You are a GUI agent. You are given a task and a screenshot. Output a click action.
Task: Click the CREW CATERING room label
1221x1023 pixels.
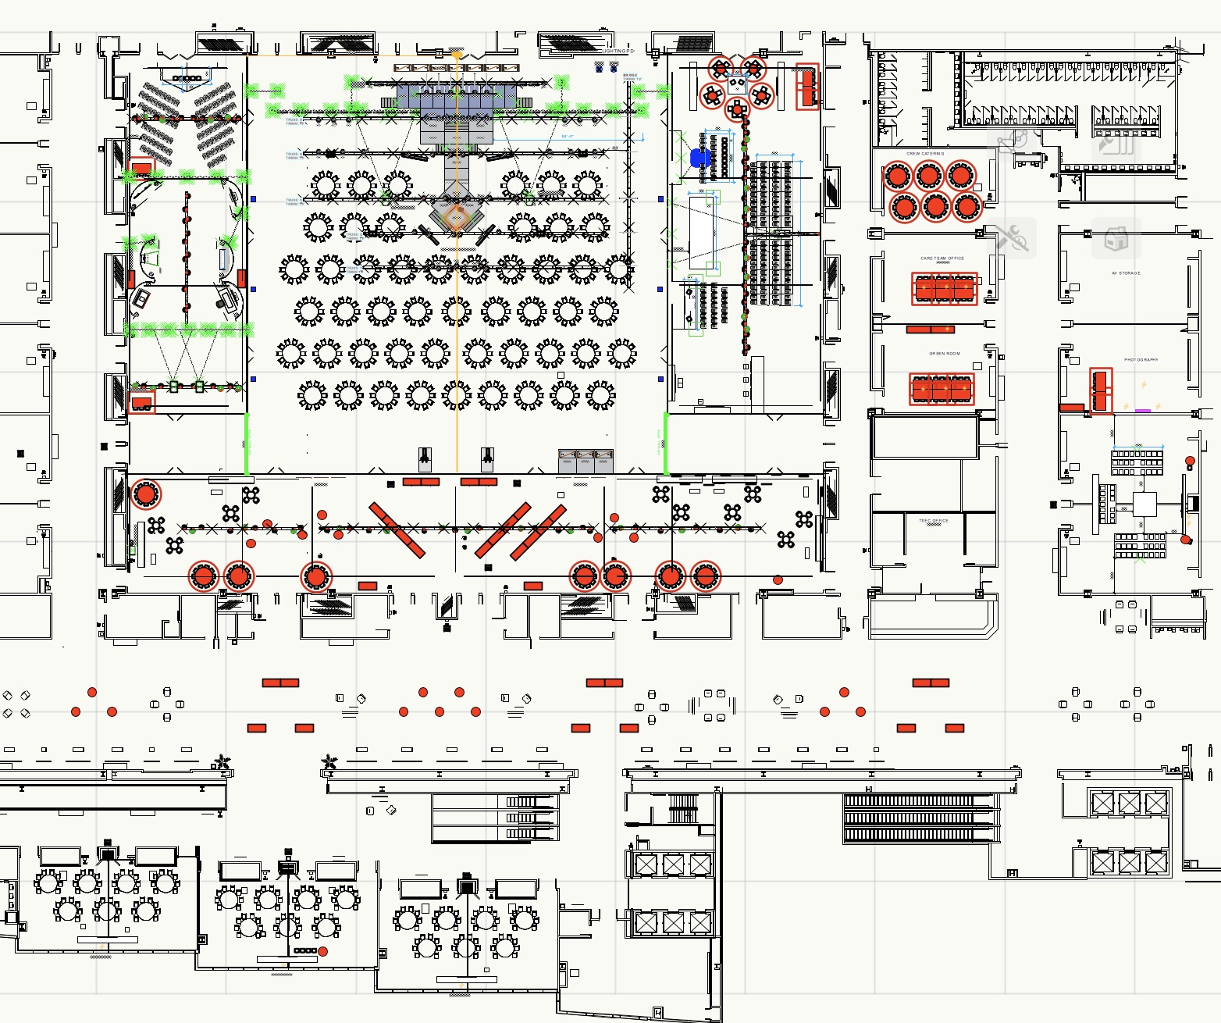[925, 154]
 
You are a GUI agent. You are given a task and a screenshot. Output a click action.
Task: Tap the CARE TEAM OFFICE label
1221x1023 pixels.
[942, 258]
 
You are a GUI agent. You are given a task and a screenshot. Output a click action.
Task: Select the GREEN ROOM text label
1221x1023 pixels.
[945, 354]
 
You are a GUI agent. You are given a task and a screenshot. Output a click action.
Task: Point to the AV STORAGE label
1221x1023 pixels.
[1126, 273]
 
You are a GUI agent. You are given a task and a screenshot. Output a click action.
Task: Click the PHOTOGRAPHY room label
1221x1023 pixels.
[1141, 360]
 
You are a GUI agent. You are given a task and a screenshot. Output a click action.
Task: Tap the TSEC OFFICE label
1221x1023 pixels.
[934, 521]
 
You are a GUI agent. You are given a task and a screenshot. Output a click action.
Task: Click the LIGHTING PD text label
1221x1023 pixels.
[618, 52]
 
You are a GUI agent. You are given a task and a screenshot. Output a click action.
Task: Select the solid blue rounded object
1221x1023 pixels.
[700, 159]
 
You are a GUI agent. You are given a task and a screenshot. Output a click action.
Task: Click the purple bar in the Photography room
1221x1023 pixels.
[1143, 411]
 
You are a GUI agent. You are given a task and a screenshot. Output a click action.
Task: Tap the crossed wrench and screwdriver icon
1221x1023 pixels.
[1012, 237]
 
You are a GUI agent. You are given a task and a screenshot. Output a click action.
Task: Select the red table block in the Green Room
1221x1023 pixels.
[942, 389]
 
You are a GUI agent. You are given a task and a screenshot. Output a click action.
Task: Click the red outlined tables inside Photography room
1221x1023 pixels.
[1101, 390]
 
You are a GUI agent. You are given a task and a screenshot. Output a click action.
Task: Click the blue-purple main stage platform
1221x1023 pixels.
[457, 98]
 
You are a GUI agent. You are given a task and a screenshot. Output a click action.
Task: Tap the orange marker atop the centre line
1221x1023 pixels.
[457, 55]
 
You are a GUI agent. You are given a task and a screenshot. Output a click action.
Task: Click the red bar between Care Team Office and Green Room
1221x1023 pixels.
[930, 330]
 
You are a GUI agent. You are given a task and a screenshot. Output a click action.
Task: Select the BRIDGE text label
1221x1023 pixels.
[630, 76]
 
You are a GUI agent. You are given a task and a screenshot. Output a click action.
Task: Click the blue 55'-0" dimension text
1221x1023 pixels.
[568, 137]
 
